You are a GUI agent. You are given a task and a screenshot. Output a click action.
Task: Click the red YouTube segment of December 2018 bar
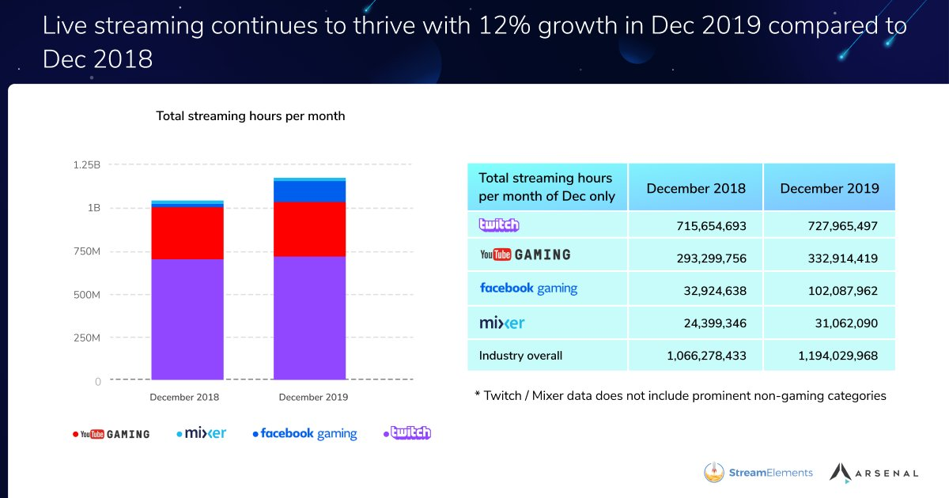(187, 232)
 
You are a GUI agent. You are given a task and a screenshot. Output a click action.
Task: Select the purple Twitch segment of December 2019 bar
(309, 317)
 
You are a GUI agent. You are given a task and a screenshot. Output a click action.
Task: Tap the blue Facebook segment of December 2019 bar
(309, 191)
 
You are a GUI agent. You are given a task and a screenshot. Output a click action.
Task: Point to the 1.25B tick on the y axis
(87, 165)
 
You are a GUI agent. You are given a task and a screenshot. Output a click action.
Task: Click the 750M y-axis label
(85, 251)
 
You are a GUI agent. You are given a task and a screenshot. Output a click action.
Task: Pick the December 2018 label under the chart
(184, 397)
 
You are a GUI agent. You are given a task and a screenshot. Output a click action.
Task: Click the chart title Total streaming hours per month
(250, 116)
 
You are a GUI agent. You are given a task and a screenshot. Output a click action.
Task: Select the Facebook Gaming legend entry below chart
(305, 433)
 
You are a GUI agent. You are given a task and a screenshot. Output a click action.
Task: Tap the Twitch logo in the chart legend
(407, 433)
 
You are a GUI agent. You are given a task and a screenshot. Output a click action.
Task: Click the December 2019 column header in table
(829, 188)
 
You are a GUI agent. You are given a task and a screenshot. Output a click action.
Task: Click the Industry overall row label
(520, 356)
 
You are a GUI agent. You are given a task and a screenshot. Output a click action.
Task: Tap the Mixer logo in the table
(501, 323)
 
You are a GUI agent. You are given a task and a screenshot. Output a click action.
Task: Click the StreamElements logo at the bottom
(758, 473)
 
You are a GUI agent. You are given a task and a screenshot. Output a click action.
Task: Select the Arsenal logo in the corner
(874, 473)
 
